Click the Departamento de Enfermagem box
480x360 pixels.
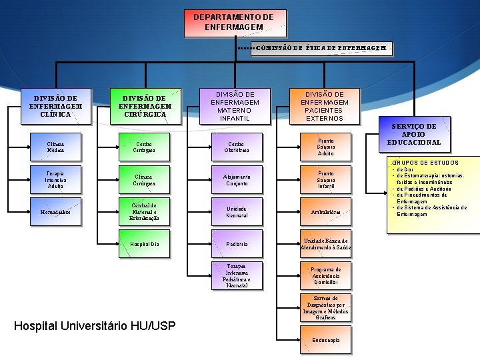(233, 22)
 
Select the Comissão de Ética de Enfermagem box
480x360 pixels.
(321, 49)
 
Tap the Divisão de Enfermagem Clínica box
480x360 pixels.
(55, 106)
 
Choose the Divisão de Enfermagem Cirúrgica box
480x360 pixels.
(145, 106)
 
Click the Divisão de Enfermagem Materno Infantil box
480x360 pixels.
(235, 106)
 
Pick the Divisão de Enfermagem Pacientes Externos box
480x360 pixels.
(325, 106)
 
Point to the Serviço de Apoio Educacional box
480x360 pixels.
(414, 134)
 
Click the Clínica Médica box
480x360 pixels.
(55, 146)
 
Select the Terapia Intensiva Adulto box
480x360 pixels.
(55, 179)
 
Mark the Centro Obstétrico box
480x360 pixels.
(236, 146)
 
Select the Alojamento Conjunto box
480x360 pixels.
(236, 179)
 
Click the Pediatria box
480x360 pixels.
(236, 244)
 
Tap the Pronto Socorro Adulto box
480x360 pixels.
(325, 147)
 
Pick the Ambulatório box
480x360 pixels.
(325, 212)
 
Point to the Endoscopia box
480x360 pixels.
(325, 340)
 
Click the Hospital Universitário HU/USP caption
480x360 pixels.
(95, 326)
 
